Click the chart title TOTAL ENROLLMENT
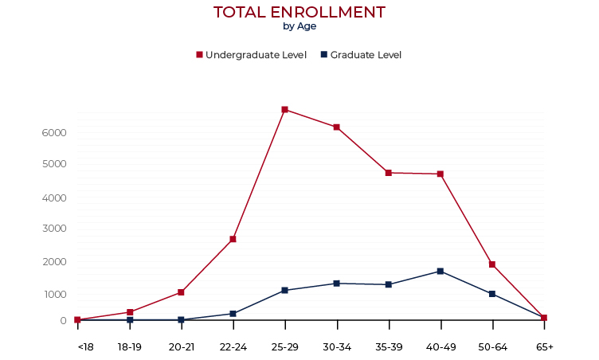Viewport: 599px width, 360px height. [x=299, y=12]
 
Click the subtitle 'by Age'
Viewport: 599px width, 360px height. [x=299, y=26]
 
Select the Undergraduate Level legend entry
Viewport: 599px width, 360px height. [x=251, y=55]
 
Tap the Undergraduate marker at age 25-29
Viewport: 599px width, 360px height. [x=284, y=109]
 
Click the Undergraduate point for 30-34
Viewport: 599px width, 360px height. [x=337, y=127]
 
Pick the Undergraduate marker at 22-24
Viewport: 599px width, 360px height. [x=233, y=239]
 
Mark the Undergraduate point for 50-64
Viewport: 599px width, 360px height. [x=492, y=264]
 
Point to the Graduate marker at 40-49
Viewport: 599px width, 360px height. [x=440, y=272]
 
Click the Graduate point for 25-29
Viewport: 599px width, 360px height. [x=284, y=290]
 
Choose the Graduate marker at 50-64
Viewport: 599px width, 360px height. [x=492, y=294]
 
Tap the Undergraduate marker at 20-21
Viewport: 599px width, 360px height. [x=181, y=292]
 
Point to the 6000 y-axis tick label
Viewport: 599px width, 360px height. [x=54, y=132]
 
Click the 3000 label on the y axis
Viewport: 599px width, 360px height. [x=54, y=229]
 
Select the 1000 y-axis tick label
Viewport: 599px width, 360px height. [x=54, y=294]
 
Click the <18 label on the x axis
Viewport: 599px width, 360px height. [x=84, y=347]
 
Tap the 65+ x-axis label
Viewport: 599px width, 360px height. [x=545, y=347]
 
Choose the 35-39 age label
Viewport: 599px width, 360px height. [x=389, y=347]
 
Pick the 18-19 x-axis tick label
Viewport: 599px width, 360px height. [x=130, y=347]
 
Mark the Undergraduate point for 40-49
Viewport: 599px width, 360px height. [x=440, y=174]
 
